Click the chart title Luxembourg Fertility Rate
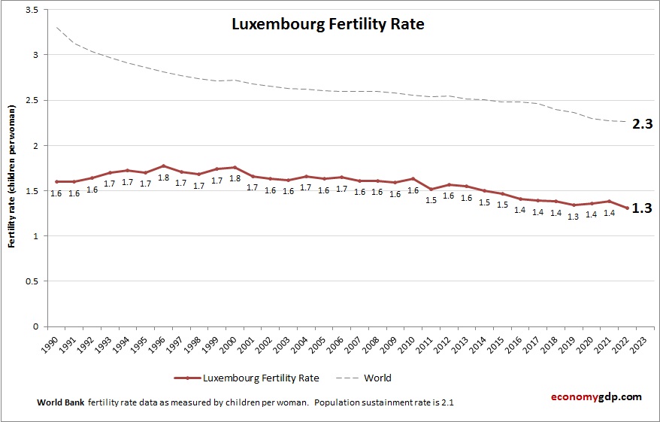pyautogui.click(x=328, y=24)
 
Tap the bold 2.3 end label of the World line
pyautogui.click(x=641, y=125)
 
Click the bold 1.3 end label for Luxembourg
pyautogui.click(x=641, y=208)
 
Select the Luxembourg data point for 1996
pyautogui.click(x=163, y=166)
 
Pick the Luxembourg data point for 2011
pyautogui.click(x=431, y=190)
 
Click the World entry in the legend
pyautogui.click(x=378, y=378)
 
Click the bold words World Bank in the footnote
pyautogui.click(x=60, y=402)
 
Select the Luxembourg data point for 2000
pyautogui.click(x=235, y=168)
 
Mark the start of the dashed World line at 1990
pyautogui.click(x=56, y=27)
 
